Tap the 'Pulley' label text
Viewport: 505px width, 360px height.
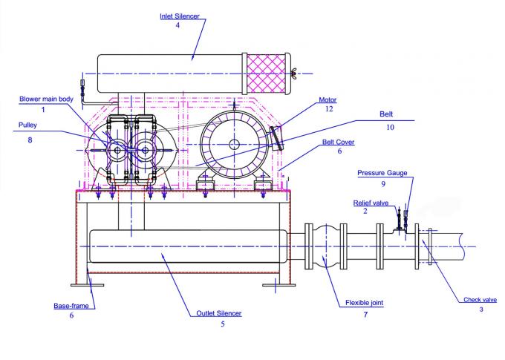click(29, 127)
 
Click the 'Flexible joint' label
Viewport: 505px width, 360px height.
click(365, 303)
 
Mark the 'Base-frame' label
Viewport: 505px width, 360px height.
click(71, 305)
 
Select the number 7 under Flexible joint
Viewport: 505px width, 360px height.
click(365, 315)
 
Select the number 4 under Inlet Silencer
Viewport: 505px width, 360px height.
click(178, 26)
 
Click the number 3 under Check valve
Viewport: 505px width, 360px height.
click(480, 310)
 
